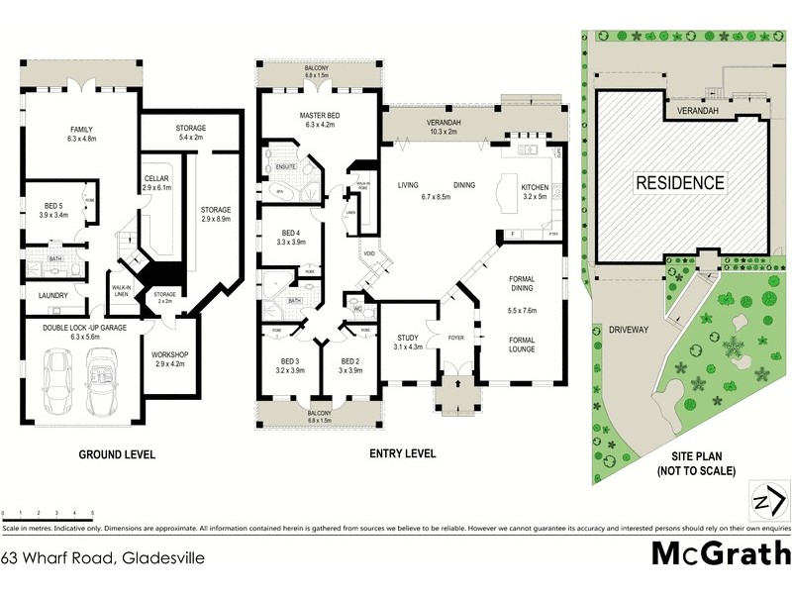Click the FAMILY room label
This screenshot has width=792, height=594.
tap(81, 130)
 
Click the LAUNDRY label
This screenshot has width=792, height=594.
tap(53, 295)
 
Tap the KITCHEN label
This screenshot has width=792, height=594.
tap(536, 185)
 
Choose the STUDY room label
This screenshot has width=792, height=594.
tap(408, 338)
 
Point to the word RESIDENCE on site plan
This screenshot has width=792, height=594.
tap(680, 183)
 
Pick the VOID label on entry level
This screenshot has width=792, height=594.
tap(369, 253)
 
